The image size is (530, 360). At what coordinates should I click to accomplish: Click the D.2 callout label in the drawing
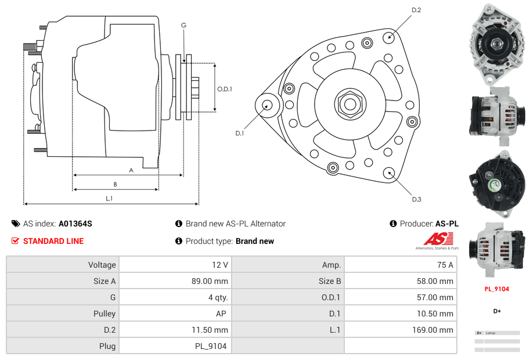coord(416,10)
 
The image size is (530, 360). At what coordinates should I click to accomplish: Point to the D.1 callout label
coord(239,133)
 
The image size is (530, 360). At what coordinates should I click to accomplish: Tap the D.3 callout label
coord(416,199)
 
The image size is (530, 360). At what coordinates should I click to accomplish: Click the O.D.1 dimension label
coord(225,89)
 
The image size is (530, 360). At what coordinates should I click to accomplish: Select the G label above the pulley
coord(183,25)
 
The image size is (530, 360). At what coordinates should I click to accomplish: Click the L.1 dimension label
coord(109,199)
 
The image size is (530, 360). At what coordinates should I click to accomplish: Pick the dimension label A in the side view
coord(131,170)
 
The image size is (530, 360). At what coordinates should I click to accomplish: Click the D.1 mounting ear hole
coord(268,105)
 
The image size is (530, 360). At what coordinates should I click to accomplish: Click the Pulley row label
coord(104,314)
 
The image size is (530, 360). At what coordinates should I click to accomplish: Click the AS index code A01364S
coord(75,224)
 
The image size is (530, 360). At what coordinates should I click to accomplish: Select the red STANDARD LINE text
coord(53,241)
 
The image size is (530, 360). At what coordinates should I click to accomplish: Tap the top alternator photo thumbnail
coord(496,44)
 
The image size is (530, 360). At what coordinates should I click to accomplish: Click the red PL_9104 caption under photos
coord(496,289)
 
